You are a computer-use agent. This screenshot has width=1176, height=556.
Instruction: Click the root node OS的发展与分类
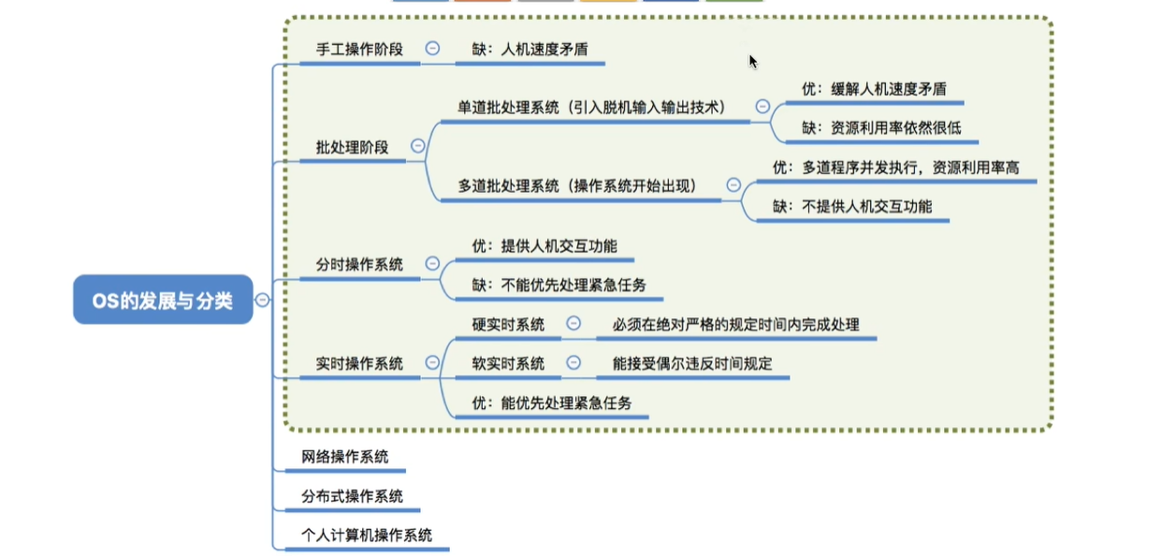pos(163,300)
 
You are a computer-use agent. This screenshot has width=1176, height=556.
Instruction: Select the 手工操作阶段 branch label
pos(359,49)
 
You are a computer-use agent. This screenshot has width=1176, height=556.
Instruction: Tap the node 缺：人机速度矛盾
pos(530,49)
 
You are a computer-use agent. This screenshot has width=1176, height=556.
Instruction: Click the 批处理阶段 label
pos(352,147)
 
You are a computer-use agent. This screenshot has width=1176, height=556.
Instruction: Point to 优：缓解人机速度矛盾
pos(874,89)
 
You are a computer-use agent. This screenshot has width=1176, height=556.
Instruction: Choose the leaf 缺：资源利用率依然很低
pos(881,128)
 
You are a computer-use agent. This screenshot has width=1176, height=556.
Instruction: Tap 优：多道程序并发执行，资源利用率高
pos(895,167)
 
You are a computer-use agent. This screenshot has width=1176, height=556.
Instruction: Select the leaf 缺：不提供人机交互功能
pos(853,206)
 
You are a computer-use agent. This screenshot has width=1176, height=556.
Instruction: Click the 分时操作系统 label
pos(359,265)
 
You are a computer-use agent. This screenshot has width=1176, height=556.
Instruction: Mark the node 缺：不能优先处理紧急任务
pos(559,285)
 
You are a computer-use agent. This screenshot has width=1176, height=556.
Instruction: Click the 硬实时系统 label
pos(508,325)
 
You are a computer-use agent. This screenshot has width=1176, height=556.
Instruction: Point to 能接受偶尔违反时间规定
pos(692,363)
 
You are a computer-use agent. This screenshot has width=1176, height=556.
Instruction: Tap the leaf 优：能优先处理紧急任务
pos(551,403)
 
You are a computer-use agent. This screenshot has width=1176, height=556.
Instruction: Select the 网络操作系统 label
pos(344,457)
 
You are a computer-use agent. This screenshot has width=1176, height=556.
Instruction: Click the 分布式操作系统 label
pos(352,496)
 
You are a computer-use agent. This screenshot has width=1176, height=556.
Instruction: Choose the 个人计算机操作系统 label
pos(367,535)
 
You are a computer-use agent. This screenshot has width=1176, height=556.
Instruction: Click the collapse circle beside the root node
pos(263,300)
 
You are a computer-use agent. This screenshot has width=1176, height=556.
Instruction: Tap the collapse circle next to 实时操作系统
pos(432,362)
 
